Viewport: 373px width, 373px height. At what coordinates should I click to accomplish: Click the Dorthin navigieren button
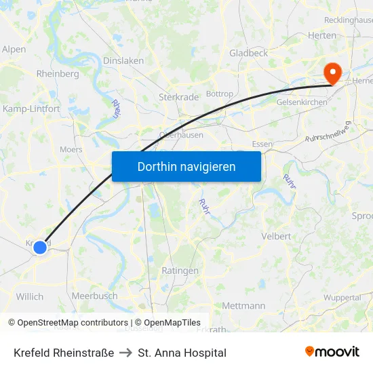[x=186, y=166]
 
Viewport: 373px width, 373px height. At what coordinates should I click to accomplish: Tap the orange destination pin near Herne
[x=332, y=73]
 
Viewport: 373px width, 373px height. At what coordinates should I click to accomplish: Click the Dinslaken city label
[x=123, y=60]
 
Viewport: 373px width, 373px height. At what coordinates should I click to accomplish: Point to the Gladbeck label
[x=249, y=53]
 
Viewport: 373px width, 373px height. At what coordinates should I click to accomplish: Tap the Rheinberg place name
[x=58, y=73]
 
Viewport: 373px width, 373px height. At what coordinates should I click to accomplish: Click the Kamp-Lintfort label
[x=31, y=109]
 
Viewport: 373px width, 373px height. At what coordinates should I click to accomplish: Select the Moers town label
[x=71, y=149]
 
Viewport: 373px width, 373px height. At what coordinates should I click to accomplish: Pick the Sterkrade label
[x=178, y=97]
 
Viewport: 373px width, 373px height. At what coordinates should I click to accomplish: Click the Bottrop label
[x=219, y=94]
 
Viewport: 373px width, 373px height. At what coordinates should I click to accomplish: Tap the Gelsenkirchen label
[x=302, y=102]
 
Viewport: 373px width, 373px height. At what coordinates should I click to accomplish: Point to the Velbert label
[x=276, y=236]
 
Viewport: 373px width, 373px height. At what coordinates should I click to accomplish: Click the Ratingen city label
[x=180, y=271]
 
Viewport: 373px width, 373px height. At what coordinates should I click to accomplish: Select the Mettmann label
[x=243, y=306]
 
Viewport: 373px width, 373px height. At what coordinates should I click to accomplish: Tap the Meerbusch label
[x=94, y=296]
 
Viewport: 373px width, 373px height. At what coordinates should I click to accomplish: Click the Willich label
[x=29, y=296]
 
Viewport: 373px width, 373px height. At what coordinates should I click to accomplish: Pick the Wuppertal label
[x=342, y=298]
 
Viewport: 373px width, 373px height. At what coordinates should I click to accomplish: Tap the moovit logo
[x=332, y=352]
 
